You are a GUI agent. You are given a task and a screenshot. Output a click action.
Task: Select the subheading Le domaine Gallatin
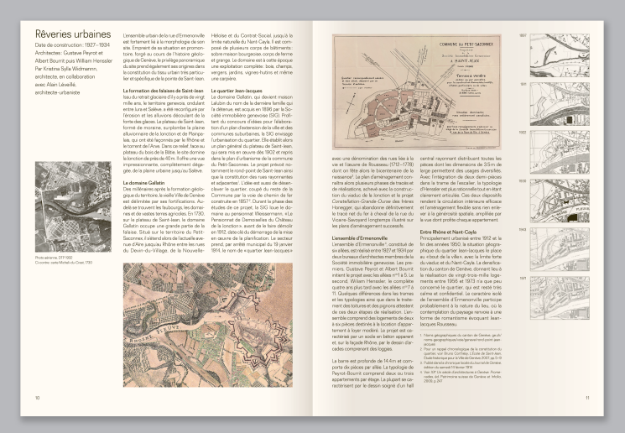[x=147, y=159]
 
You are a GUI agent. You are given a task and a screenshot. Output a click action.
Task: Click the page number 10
[x=37, y=399]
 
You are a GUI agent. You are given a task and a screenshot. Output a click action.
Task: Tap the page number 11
[x=588, y=399]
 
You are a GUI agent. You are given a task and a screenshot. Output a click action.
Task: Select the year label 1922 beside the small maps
[x=523, y=132]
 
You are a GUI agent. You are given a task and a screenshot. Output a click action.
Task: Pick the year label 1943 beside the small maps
[x=523, y=228]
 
